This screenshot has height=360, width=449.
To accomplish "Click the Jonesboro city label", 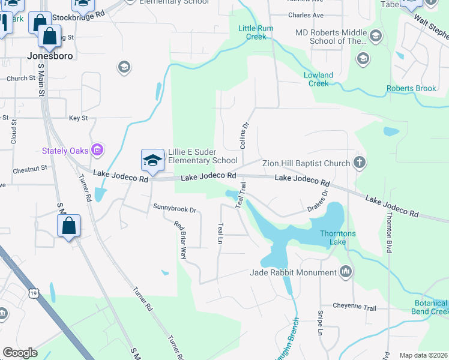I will click(50, 56).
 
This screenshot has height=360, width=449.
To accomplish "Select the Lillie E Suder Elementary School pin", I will click(152, 160).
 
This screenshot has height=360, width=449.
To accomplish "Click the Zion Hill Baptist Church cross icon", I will click(359, 163).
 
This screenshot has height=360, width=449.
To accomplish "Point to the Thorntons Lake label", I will click(333, 238).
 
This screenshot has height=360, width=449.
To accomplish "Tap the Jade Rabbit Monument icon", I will click(345, 272).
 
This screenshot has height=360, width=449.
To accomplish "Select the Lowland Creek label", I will click(319, 79).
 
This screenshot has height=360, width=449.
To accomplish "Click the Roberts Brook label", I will click(411, 88).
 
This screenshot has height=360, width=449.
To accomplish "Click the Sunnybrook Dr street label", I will click(175, 209).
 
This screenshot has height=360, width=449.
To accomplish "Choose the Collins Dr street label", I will click(244, 136).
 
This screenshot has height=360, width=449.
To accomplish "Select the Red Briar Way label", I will click(180, 241).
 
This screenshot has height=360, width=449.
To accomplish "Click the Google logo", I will click(20, 353).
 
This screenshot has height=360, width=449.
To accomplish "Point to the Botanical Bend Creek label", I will click(430, 307).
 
